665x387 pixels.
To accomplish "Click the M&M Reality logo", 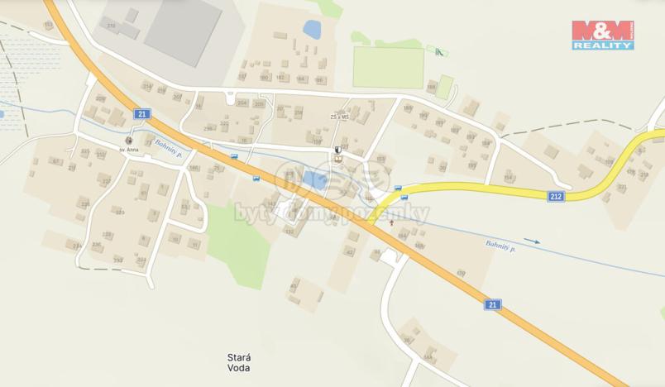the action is click(x=603, y=35).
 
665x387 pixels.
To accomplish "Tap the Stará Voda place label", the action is click(x=238, y=362).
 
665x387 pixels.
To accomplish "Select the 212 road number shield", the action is click(x=556, y=196).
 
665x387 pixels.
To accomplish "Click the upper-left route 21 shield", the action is click(x=143, y=114).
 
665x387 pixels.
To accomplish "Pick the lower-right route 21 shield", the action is click(x=493, y=304).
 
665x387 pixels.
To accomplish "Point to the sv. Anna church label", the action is click(x=127, y=150).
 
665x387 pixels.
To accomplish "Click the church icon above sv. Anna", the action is click(x=128, y=140).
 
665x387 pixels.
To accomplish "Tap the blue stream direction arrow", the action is click(x=531, y=241).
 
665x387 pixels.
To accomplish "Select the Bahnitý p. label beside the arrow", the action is click(x=500, y=245).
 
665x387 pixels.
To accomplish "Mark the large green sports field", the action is click(x=388, y=67).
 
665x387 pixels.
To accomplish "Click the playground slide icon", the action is click(x=438, y=53).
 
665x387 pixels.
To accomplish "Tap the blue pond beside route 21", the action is click(x=314, y=179).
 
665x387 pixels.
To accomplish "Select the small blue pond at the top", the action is click(x=312, y=30).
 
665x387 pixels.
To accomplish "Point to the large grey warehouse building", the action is click(x=183, y=31).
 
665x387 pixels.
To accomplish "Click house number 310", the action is click(x=111, y=26).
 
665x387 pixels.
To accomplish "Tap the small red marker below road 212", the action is click(x=391, y=222).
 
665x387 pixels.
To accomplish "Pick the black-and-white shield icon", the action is click(x=337, y=150).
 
